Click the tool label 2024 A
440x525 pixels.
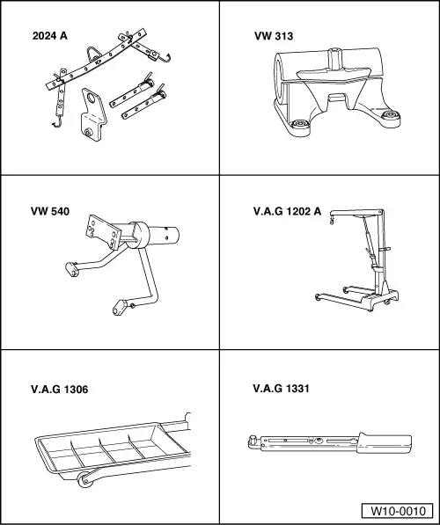pyautogui.click(x=49, y=36)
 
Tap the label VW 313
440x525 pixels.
pyautogui.click(x=274, y=36)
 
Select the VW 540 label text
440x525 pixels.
pyautogui.click(x=50, y=211)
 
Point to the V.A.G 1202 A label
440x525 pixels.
pyautogui.click(x=287, y=211)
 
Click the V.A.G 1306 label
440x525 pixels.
pyautogui.click(x=59, y=390)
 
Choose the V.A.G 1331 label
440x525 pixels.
pyautogui.click(x=281, y=389)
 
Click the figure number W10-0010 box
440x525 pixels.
pyautogui.click(x=398, y=511)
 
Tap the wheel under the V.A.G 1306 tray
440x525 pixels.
pyautogui.click(x=85, y=479)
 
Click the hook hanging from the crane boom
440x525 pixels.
pyautogui.click(x=333, y=220)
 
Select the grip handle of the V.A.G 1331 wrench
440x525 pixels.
pyautogui.click(x=384, y=443)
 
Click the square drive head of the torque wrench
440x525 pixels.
pyautogui.click(x=253, y=441)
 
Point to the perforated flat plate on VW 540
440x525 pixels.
pyautogui.click(x=103, y=232)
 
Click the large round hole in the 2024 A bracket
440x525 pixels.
pyautogui.click(x=91, y=98)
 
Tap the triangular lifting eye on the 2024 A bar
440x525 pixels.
pyautogui.click(x=92, y=54)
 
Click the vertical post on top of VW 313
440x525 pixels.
pyautogui.click(x=334, y=58)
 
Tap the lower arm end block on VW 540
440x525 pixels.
pyautogui.click(x=120, y=308)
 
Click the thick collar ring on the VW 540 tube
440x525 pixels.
pyautogui.click(x=139, y=235)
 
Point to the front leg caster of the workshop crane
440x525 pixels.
pyautogui.click(x=318, y=296)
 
